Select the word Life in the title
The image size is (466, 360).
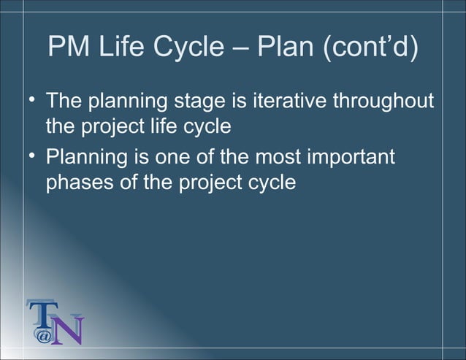tap(117, 48)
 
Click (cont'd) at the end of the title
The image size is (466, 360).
tap(373, 48)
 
